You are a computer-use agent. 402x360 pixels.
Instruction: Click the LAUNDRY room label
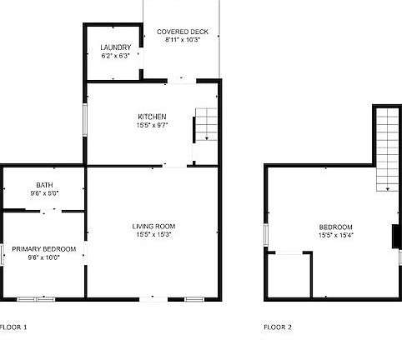116,47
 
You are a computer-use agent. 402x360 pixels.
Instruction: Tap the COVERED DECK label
183,32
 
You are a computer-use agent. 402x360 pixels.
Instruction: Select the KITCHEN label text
153,116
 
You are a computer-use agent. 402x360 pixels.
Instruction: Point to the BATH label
44,185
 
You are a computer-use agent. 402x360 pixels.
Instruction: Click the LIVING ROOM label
153,226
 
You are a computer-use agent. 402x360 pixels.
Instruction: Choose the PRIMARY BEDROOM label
44,249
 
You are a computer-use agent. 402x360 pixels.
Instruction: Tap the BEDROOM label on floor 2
335,227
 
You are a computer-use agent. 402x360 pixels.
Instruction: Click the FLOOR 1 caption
14,327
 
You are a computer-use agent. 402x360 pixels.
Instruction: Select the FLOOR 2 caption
278,327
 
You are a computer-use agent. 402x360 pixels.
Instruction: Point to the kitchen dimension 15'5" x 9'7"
153,125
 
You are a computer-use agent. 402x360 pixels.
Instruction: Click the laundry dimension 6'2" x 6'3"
116,56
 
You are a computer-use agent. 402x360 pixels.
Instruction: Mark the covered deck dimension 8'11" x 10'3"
183,40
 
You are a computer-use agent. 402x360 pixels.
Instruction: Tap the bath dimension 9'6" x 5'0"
44,193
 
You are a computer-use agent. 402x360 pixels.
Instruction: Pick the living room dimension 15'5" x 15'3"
153,234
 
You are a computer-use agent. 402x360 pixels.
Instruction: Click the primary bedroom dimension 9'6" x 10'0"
44,257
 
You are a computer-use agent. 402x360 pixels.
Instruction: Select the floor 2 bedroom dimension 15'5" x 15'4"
335,235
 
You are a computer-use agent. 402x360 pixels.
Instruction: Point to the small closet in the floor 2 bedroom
289,274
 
